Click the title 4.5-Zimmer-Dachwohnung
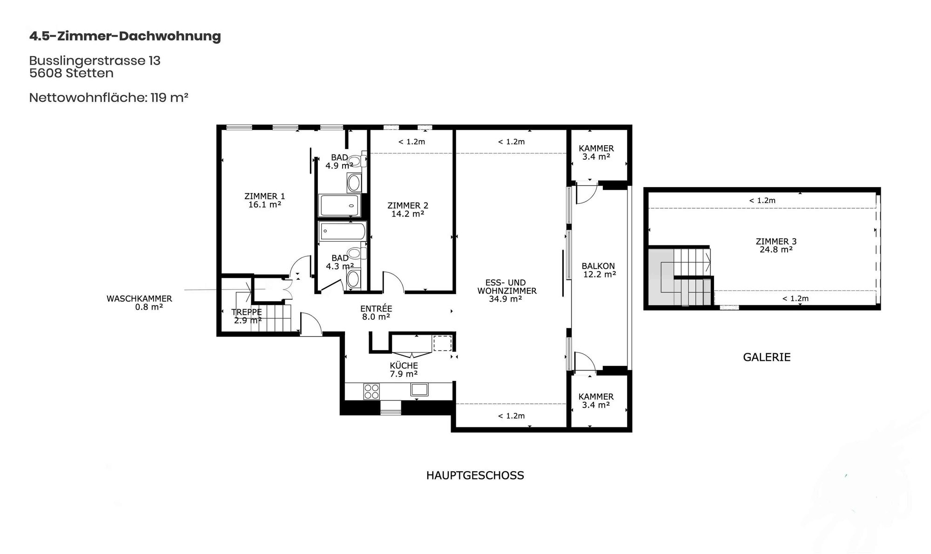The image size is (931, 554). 125,36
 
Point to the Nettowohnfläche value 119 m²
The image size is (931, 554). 169,98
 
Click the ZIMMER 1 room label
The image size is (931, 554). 264,196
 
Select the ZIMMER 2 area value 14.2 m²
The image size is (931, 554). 408,214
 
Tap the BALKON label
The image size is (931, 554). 598,266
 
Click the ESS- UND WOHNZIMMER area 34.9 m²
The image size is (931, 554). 506,299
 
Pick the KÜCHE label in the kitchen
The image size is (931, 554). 404,366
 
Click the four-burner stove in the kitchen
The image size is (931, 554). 371,391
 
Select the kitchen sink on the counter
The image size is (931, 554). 419,389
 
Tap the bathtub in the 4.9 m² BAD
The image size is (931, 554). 340,205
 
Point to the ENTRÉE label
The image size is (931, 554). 376,309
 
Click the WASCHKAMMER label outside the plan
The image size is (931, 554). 139,299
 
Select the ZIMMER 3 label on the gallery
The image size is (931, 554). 776,242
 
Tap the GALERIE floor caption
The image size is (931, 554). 767,358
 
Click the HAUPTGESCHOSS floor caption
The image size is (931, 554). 475,475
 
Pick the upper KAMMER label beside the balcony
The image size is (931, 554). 596,149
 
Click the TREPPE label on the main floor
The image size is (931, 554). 247,312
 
